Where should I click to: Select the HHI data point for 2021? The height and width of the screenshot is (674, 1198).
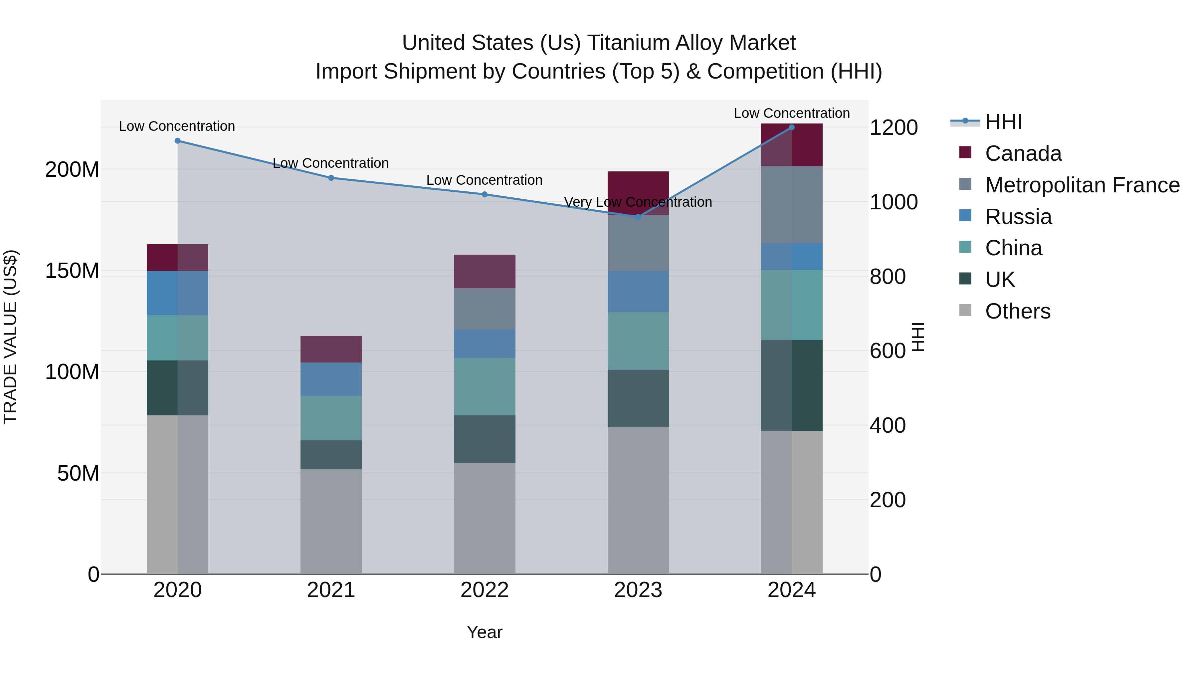click(x=331, y=178)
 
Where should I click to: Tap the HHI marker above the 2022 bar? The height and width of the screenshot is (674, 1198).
click(x=485, y=194)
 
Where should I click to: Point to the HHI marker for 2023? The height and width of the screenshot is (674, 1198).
click(x=638, y=217)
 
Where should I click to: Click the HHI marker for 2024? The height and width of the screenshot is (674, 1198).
click(x=792, y=127)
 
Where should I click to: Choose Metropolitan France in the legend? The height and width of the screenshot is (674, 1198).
click(x=1082, y=185)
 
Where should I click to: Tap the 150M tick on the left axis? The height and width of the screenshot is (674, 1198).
click(x=72, y=271)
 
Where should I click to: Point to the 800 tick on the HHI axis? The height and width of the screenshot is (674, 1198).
click(x=887, y=277)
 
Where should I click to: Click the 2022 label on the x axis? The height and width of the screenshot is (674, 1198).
click(x=485, y=590)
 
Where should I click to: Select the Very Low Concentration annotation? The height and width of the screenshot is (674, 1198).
click(x=638, y=202)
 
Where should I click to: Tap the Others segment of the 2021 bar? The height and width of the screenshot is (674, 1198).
click(x=331, y=521)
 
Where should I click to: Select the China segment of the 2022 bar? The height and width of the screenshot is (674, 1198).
click(x=485, y=386)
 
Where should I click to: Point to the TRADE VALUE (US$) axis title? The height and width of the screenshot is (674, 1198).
click(x=11, y=337)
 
